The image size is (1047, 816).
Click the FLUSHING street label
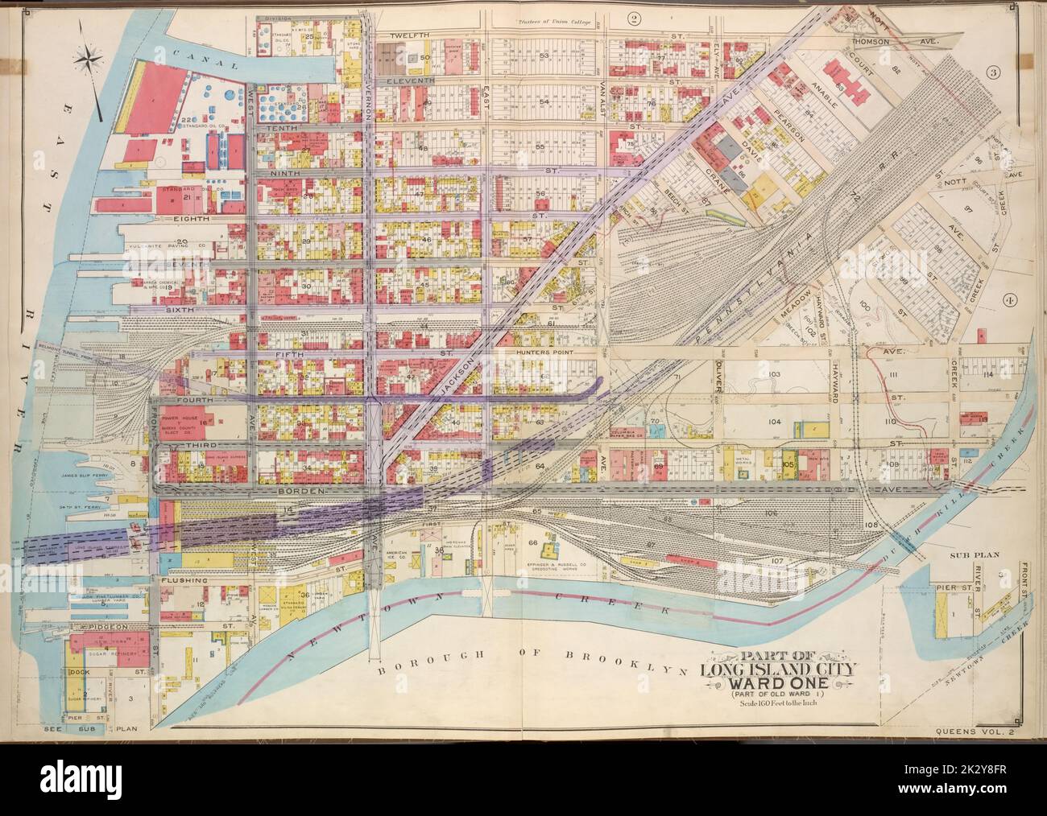coord(184,579)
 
